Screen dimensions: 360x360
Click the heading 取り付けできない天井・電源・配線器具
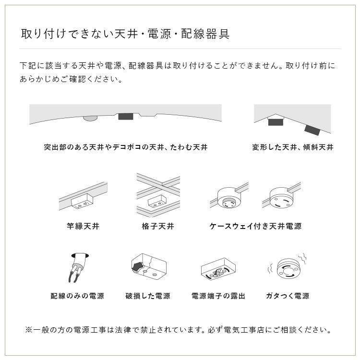pyautogui.click(x=125, y=34)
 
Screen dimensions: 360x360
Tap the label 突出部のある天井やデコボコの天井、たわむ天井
pyautogui.click(x=125, y=147)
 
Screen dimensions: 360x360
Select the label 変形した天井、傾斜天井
pyautogui.click(x=292, y=147)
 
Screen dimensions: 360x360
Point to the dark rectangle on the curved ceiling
pyautogui.click(x=126, y=117)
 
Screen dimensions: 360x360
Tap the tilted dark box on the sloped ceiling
pyautogui.click(x=312, y=129)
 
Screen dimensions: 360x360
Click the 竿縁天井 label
pyautogui.click(x=83, y=226)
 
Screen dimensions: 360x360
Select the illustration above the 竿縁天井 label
pyautogui.click(x=83, y=197)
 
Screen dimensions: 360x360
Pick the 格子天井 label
pyautogui.click(x=158, y=226)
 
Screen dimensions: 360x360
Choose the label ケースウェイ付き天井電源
pyautogui.click(x=255, y=226)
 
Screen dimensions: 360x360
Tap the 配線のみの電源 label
pyautogui.click(x=77, y=296)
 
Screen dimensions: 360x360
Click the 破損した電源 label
pyautogui.click(x=148, y=296)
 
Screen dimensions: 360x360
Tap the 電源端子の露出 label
pyautogui.click(x=218, y=296)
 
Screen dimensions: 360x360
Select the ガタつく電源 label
pyautogui.click(x=287, y=296)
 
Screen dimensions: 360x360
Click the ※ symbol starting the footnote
pyautogui.click(x=28, y=330)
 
